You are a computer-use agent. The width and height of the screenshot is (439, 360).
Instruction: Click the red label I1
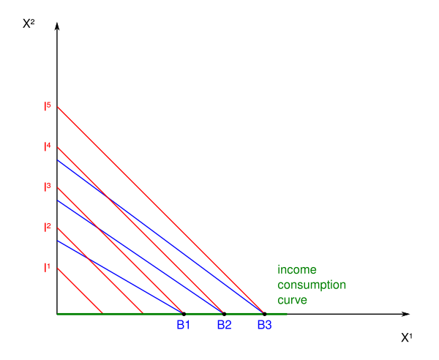tap(47, 267)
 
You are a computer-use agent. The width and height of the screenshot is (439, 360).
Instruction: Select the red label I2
tap(47, 227)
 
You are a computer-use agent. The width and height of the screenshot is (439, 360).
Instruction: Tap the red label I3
tap(47, 187)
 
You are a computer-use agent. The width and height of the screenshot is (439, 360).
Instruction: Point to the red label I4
tap(47, 146)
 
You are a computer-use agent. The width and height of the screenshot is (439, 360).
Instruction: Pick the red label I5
tap(47, 106)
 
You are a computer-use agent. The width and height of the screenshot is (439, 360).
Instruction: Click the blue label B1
tap(183, 324)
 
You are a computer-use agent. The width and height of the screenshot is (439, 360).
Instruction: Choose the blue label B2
tap(224, 324)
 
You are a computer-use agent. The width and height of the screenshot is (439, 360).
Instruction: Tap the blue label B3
tap(264, 324)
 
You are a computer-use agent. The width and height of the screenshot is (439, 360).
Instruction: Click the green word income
tap(296, 270)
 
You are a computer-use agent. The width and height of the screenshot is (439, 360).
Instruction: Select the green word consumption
tap(312, 285)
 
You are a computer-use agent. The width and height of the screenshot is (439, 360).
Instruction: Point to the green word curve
tap(292, 300)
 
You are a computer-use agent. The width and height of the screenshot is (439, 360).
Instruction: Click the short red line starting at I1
tap(79, 290)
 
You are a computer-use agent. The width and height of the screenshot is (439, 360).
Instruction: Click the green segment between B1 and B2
tap(204, 314)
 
